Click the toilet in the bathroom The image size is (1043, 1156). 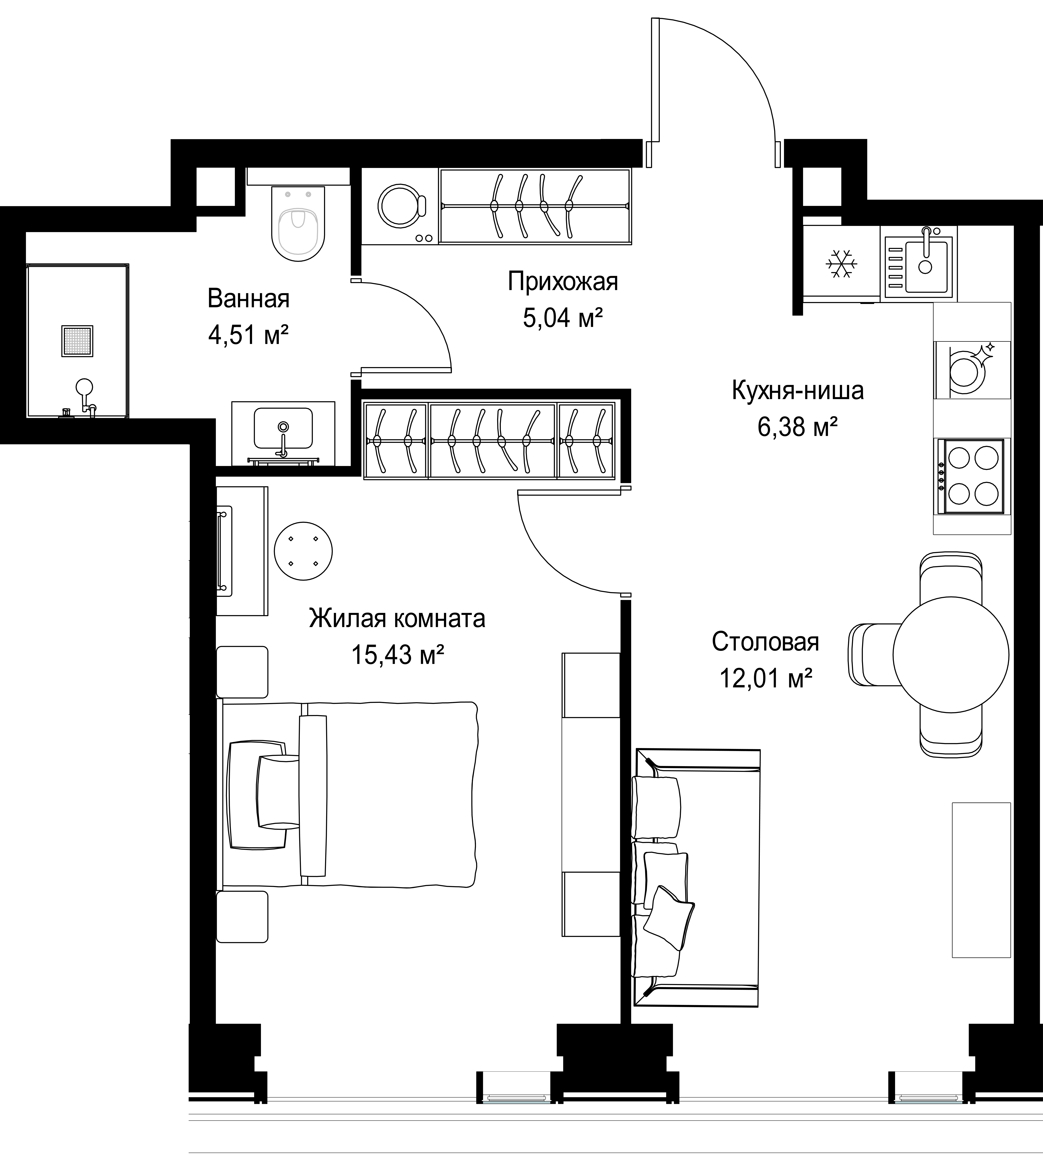tap(298, 223)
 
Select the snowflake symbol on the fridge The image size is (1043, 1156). tap(841, 264)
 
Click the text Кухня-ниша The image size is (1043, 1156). tap(798, 391)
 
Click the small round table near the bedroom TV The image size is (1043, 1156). tap(303, 551)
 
